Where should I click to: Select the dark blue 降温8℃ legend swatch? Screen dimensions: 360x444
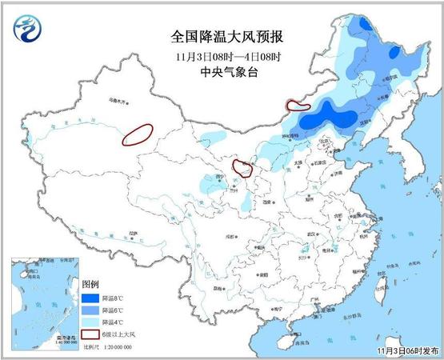(91, 298)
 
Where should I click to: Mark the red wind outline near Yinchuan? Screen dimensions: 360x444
(241, 167)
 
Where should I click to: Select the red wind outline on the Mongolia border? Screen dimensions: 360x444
(298, 104)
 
